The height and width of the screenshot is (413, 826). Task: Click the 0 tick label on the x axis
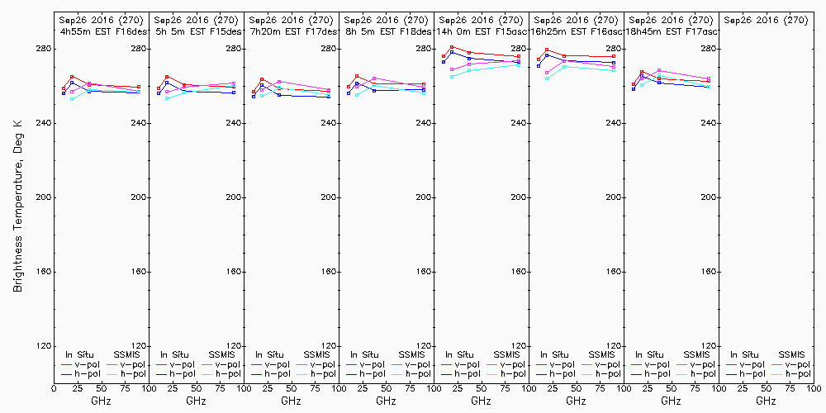click(x=54, y=387)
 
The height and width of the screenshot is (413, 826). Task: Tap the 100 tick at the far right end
click(x=814, y=387)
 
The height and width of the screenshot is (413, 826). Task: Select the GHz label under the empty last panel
click(x=766, y=401)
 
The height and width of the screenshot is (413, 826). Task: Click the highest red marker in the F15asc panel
click(x=452, y=47)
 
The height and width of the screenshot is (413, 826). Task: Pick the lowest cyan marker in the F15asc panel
click(x=452, y=77)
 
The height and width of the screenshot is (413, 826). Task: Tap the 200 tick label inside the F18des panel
click(x=423, y=197)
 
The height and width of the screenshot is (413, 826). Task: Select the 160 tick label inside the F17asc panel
click(x=708, y=272)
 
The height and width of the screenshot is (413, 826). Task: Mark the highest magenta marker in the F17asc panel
click(x=658, y=70)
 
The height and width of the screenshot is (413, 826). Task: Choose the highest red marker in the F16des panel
click(x=72, y=77)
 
